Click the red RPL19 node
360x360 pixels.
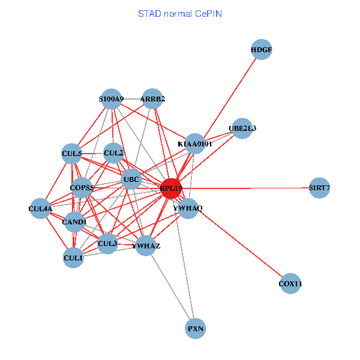(x=171, y=188)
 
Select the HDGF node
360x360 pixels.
(x=262, y=50)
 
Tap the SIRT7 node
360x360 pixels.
(x=319, y=188)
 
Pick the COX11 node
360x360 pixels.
(x=290, y=283)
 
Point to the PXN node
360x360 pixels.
(x=196, y=328)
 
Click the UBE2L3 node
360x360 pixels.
(x=242, y=128)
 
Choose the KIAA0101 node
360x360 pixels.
(x=195, y=144)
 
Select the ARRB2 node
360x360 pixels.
(x=152, y=99)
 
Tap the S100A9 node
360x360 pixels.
(x=112, y=99)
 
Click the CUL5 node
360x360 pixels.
(x=72, y=154)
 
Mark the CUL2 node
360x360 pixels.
(x=113, y=154)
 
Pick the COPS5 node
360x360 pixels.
(x=82, y=188)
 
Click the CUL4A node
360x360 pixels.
(x=40, y=209)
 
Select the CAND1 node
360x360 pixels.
(x=75, y=222)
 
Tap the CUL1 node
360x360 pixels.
(x=73, y=258)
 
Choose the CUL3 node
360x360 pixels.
(x=107, y=244)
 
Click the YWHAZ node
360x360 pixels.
(x=146, y=245)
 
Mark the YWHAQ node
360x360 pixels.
(x=188, y=208)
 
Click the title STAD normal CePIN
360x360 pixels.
(x=180, y=13)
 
